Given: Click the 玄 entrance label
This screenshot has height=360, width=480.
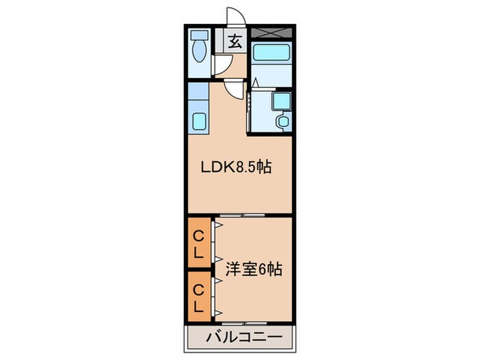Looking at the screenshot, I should (x=235, y=41).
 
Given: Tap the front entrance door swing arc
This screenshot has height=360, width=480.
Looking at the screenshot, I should (x=235, y=18).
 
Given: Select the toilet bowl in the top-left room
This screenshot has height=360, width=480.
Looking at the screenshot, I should (x=200, y=51).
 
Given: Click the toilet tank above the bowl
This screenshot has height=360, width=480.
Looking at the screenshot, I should (x=200, y=34).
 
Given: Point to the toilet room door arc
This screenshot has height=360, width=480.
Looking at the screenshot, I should (x=222, y=65).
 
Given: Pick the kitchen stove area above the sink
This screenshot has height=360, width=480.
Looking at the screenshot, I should (x=199, y=94).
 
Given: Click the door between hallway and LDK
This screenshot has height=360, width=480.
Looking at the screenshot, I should (x=235, y=88).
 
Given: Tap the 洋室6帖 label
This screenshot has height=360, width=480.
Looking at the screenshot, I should (x=254, y=269).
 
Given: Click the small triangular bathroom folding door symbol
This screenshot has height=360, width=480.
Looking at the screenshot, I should (x=254, y=84).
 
